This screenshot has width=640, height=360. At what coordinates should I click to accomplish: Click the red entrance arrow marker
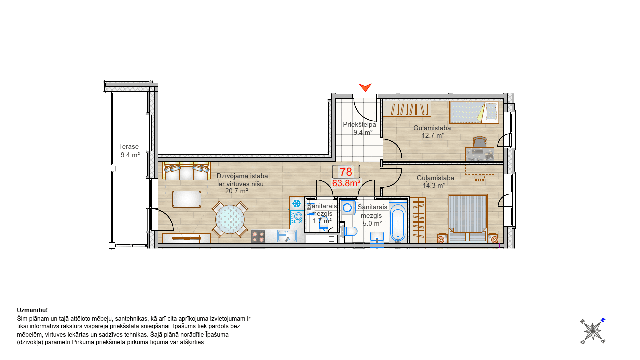coord(365,87)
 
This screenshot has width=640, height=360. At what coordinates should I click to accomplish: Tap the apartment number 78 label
coord(346,172)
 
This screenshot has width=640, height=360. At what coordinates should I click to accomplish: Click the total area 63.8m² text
coord(346,183)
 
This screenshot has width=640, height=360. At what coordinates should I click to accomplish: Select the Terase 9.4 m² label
coord(129,151)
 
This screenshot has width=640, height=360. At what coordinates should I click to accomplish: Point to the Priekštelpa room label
coord(359,125)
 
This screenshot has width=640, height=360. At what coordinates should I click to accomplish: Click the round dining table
coord(230,219)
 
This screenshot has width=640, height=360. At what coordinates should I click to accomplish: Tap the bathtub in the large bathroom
coord(398,222)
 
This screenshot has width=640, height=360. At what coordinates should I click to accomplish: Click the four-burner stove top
coord(258,236)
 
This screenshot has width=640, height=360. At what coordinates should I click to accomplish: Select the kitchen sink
coord(287,236)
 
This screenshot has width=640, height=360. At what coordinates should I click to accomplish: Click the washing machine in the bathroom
coord(347,208)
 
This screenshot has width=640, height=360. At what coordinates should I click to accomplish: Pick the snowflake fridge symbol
coord(297,203)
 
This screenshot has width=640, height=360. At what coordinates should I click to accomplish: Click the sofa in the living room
coord(186,171)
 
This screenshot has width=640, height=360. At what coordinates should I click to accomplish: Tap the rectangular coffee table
coord(187,199)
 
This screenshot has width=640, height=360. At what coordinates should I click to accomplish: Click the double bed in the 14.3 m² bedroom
coord(467,218)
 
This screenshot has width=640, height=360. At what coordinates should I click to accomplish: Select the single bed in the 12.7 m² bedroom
coord(474,112)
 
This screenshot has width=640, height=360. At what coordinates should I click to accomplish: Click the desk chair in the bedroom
coord(479,142)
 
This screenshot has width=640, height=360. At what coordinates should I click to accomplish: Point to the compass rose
coord(593,331)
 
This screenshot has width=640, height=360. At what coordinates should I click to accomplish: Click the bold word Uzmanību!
coord(32,310)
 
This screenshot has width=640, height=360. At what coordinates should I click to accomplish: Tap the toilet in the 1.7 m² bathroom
coord(323,226)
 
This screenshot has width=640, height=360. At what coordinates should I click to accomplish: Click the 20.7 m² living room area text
coord(236,191)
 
